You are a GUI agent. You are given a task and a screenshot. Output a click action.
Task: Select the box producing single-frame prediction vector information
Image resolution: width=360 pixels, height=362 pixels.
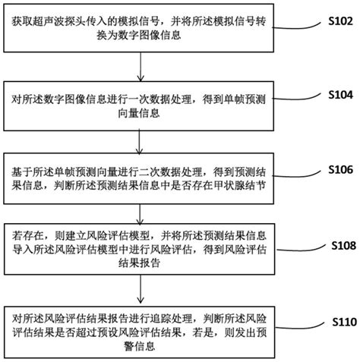coord(142,105)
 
